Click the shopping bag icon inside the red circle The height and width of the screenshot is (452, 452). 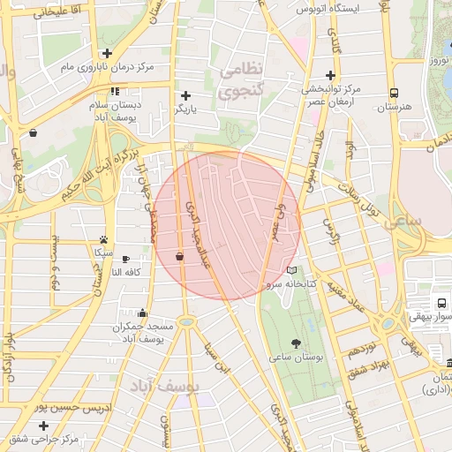179,256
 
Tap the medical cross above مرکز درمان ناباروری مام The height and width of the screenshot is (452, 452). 107,53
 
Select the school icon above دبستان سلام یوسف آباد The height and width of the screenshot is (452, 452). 115,91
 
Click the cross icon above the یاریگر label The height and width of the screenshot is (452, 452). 185,95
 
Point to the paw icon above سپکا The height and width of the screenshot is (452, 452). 104,239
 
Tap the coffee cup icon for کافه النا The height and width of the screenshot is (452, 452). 125,260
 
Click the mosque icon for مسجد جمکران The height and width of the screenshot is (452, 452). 143,313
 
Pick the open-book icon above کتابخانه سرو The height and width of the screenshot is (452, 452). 292,270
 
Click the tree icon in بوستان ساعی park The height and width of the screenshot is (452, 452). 294,343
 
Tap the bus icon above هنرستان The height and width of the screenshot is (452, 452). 393,92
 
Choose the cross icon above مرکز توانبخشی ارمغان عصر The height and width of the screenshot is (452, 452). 331,75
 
